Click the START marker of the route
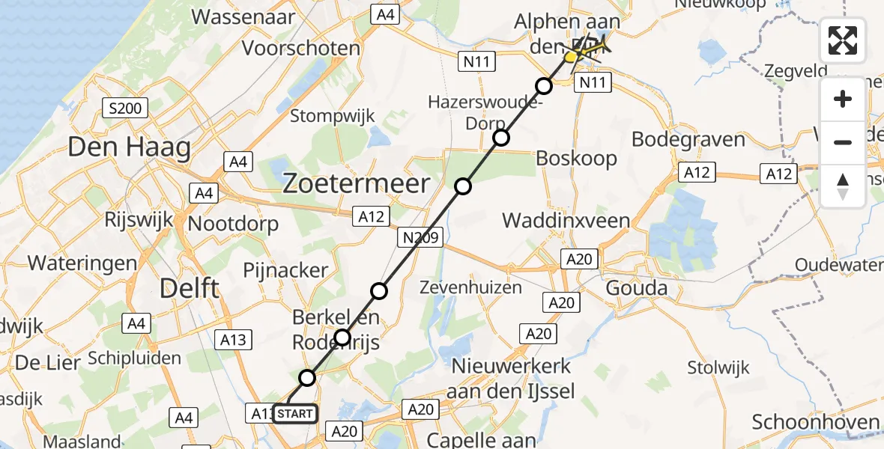tap(295, 414)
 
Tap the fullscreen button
tap(843, 40)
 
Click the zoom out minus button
tap(843, 142)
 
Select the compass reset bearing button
tap(843, 186)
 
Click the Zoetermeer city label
tap(356, 184)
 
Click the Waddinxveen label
tap(566, 220)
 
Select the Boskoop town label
tap(576, 159)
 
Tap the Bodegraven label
tap(688, 139)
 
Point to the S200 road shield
tap(124, 109)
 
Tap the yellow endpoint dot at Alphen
tap(570, 57)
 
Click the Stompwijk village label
tap(333, 116)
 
